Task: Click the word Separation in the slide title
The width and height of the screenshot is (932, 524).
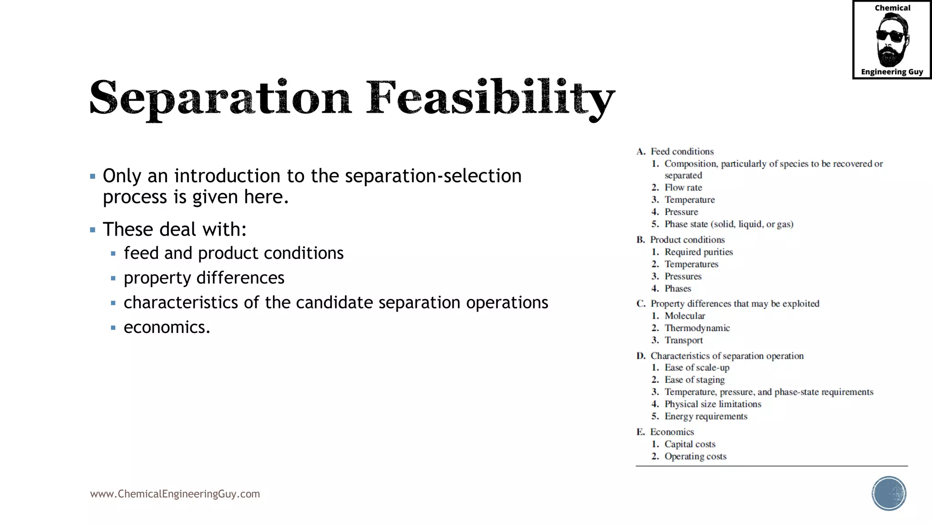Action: (x=221, y=98)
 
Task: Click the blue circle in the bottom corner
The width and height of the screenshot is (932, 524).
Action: (x=889, y=494)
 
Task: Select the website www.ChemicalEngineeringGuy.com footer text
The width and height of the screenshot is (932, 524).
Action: (x=175, y=494)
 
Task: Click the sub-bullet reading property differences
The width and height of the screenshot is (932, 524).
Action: (x=204, y=278)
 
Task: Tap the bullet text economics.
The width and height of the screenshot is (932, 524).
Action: (x=167, y=327)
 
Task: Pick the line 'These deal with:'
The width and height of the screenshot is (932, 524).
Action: (x=174, y=229)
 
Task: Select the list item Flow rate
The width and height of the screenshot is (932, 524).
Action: (x=683, y=187)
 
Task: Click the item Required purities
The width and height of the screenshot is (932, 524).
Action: (x=699, y=252)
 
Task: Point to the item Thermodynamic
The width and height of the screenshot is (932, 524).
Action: (x=697, y=328)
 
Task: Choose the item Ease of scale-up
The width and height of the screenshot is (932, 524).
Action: (x=697, y=368)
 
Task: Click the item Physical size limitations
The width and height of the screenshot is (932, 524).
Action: (x=713, y=404)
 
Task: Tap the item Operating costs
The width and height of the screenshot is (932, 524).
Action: (x=695, y=456)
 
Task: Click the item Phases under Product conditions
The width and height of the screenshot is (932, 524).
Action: (x=678, y=288)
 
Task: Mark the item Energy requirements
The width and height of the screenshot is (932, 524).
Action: (x=706, y=416)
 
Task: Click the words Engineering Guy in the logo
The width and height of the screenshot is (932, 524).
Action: (x=891, y=72)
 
